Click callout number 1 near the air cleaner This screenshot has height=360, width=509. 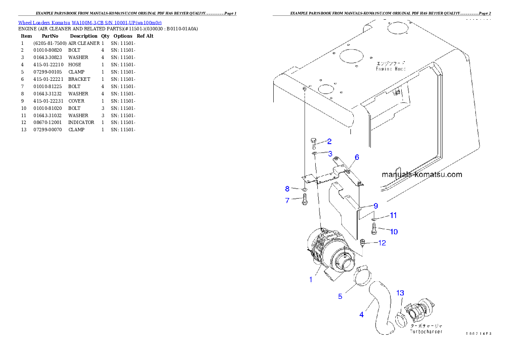[x=311, y=280]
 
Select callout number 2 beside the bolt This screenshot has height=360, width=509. [x=329, y=142]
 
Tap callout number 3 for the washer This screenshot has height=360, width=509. [x=330, y=153]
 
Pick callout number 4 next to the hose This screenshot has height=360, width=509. [x=361, y=315]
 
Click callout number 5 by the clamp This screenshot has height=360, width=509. [x=340, y=296]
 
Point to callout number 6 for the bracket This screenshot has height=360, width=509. [x=357, y=157]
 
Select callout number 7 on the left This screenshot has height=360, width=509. [x=287, y=200]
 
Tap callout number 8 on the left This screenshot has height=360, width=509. [x=287, y=189]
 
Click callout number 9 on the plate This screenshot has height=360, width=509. [x=376, y=206]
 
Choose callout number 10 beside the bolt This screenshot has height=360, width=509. [x=394, y=232]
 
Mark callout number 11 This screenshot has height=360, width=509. [x=393, y=215]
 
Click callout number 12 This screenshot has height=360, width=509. [x=382, y=243]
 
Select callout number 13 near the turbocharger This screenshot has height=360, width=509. [x=400, y=293]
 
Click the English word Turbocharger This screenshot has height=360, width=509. [x=426, y=331]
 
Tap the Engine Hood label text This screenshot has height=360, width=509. [x=391, y=68]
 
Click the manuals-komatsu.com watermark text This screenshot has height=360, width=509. [x=421, y=174]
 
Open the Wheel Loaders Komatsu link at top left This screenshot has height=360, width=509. [x=90, y=22]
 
